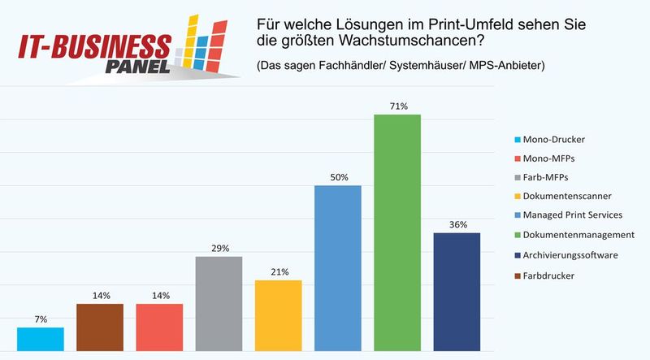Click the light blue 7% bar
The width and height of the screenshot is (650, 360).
(40, 339)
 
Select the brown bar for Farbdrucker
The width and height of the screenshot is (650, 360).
(100, 327)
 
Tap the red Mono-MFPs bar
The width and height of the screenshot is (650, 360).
(159, 327)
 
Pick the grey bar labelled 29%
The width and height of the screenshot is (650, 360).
(219, 304)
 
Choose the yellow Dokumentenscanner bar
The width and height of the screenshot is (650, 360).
(278, 315)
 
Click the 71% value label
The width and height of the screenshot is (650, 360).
(397, 106)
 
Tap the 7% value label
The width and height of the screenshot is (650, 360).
(40, 319)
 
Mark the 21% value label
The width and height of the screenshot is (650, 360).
(278, 272)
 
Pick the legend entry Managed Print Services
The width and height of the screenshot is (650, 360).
(574, 215)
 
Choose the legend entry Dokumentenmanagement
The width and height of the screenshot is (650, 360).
(579, 235)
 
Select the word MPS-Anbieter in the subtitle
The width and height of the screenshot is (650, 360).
(503, 65)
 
